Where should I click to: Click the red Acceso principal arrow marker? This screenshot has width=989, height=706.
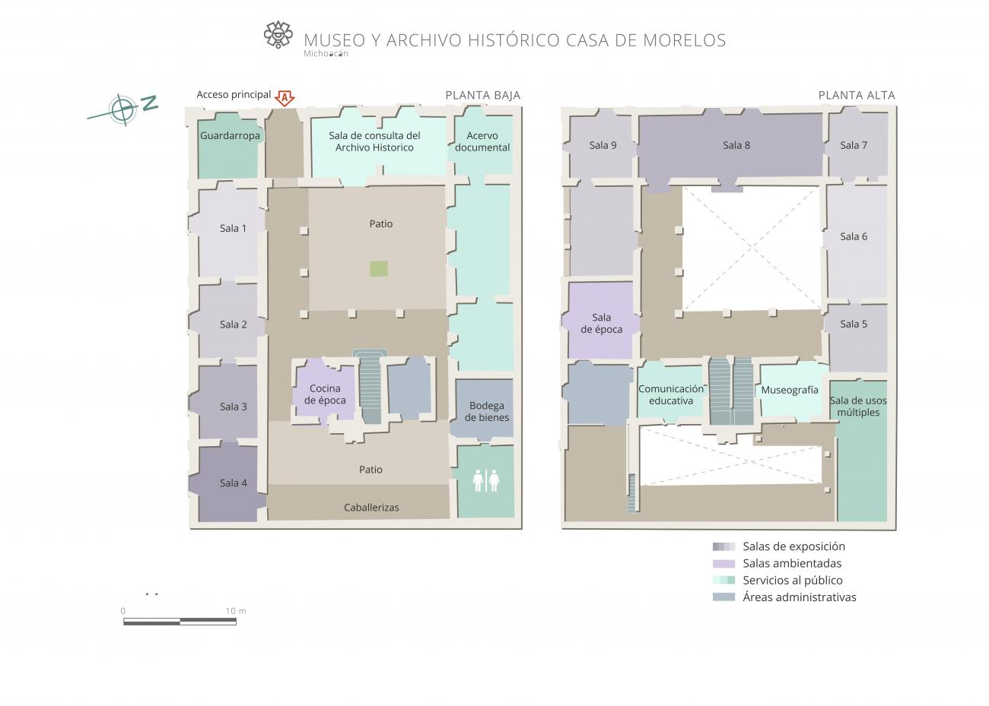pos(285,98)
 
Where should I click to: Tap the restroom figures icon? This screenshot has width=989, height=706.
pos(485,480)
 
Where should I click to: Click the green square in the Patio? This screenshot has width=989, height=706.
pos(379,269)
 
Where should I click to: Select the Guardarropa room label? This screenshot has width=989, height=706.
pos(230,135)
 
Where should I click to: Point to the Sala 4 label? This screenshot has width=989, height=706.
pos(233,483)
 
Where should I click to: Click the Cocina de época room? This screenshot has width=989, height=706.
pos(325,391)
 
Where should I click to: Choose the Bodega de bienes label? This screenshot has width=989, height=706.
pos(487,411)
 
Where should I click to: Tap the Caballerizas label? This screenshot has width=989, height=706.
pos(371,508)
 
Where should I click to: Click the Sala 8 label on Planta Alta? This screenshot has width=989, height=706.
pos(736,145)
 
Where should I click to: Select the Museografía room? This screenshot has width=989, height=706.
pos(790,390)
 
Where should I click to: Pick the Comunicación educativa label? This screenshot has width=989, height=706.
pos(671,394)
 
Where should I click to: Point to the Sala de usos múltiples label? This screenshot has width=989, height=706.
pos(858,406)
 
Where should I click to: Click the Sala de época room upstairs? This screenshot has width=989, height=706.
pos(601,321)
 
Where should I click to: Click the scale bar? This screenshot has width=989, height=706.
pos(180,622)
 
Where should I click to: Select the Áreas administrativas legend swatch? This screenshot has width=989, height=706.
pos(723,597)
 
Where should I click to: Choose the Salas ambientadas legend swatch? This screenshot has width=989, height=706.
pos(723,564)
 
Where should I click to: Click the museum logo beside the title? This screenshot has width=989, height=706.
pos(278,34)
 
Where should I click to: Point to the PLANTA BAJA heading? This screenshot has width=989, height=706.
pos(483,95)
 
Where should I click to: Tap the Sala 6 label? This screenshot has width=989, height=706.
pos(854,236)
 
